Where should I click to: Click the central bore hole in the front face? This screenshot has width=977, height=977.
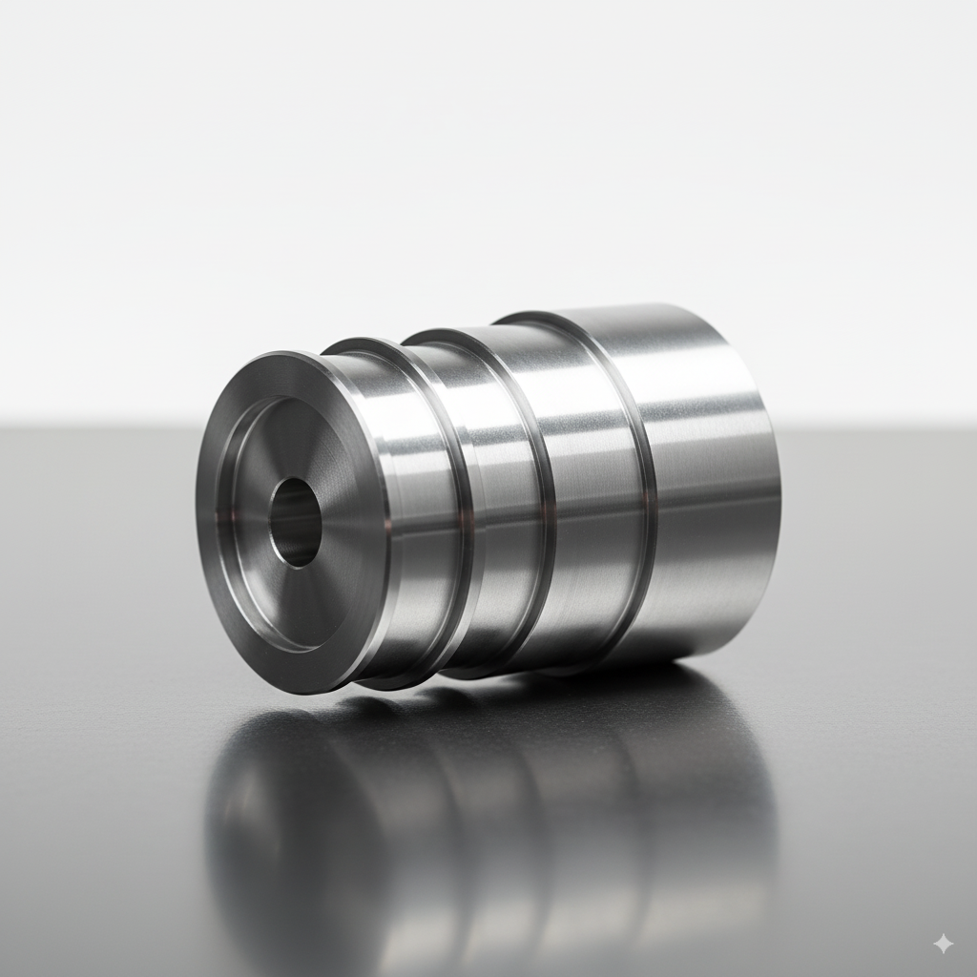[x=295, y=522]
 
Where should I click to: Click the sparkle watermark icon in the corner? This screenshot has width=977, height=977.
[x=943, y=944]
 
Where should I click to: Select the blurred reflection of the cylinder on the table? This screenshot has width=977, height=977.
[x=496, y=811]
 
